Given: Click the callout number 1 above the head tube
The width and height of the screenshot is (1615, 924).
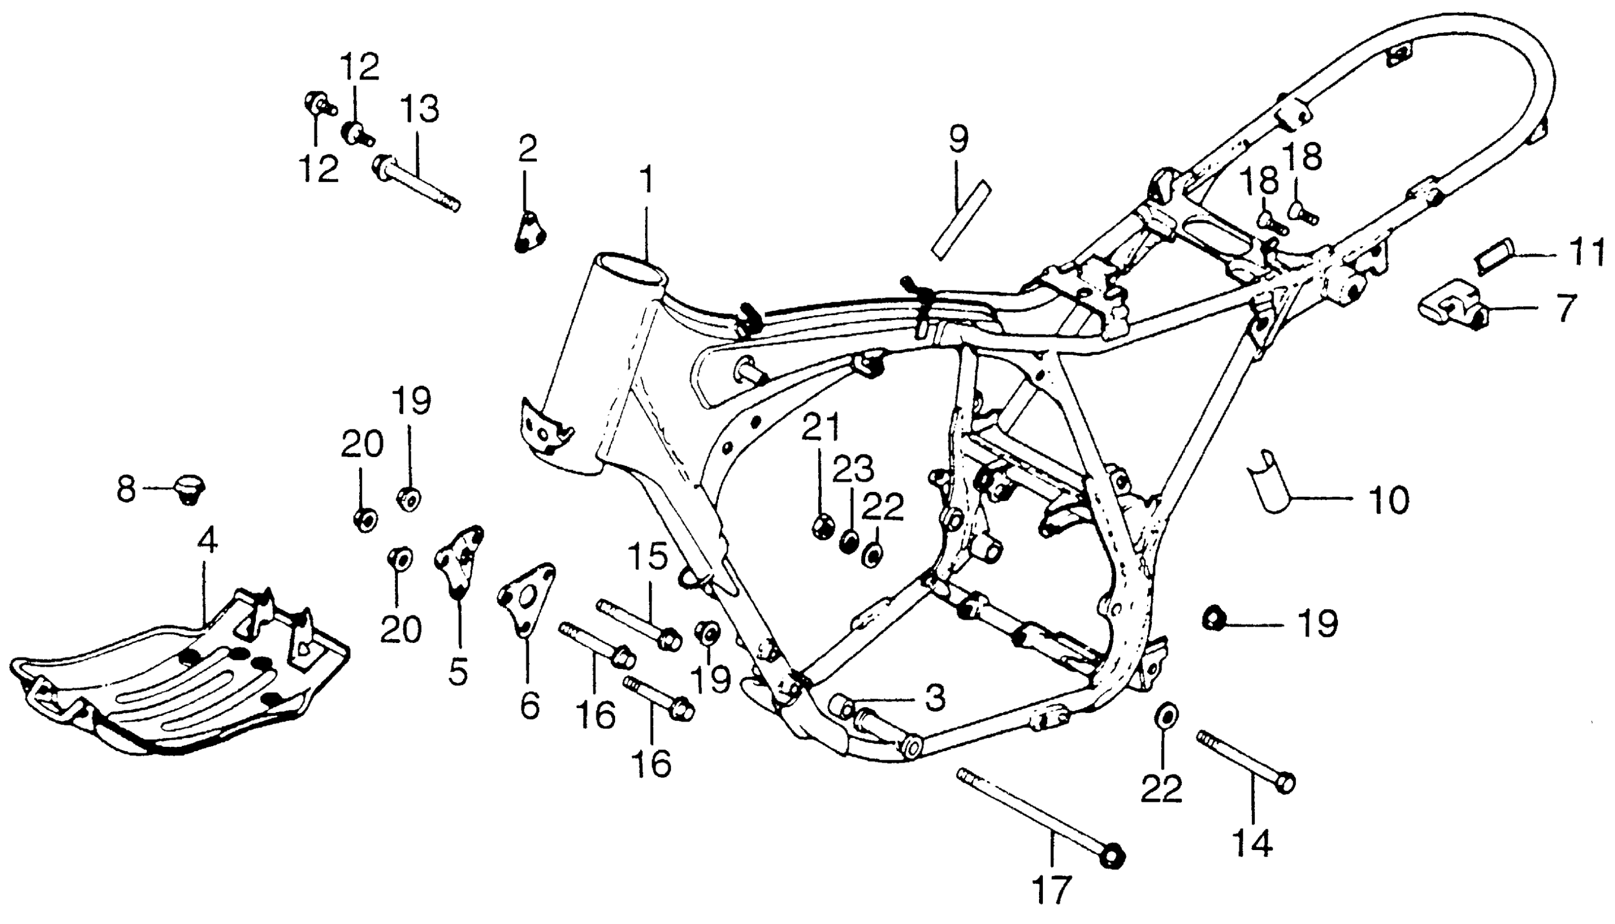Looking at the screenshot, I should (647, 180).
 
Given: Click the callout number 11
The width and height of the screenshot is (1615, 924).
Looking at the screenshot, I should (1585, 253).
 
